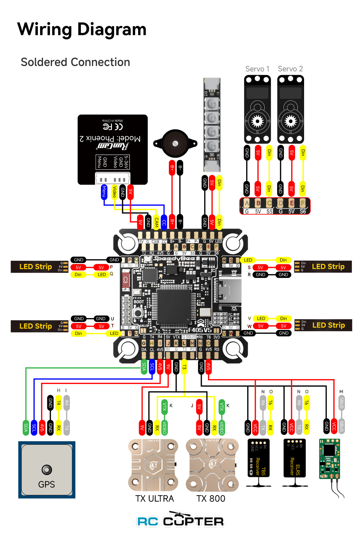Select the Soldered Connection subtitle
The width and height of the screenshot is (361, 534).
click(x=75, y=62)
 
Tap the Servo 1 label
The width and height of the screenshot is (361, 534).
click(x=257, y=69)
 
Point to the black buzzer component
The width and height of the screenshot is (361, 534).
click(x=175, y=143)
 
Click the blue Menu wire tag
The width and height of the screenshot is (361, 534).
click(x=104, y=191)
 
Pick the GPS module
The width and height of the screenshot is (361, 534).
click(x=47, y=470)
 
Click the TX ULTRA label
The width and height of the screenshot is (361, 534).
click(x=154, y=498)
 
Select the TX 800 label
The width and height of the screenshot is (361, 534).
click(x=211, y=498)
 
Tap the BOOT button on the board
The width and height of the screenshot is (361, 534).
click(x=138, y=313)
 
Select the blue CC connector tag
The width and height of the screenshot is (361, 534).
click(x=164, y=222)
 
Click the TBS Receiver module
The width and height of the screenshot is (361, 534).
click(x=258, y=458)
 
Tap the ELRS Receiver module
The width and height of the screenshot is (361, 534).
click(x=294, y=458)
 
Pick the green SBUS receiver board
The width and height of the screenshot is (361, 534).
click(x=330, y=458)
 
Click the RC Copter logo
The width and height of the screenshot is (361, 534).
click(x=180, y=520)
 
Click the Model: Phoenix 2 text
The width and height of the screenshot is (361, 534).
click(x=110, y=139)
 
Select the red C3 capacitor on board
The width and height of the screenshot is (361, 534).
click(x=126, y=280)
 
